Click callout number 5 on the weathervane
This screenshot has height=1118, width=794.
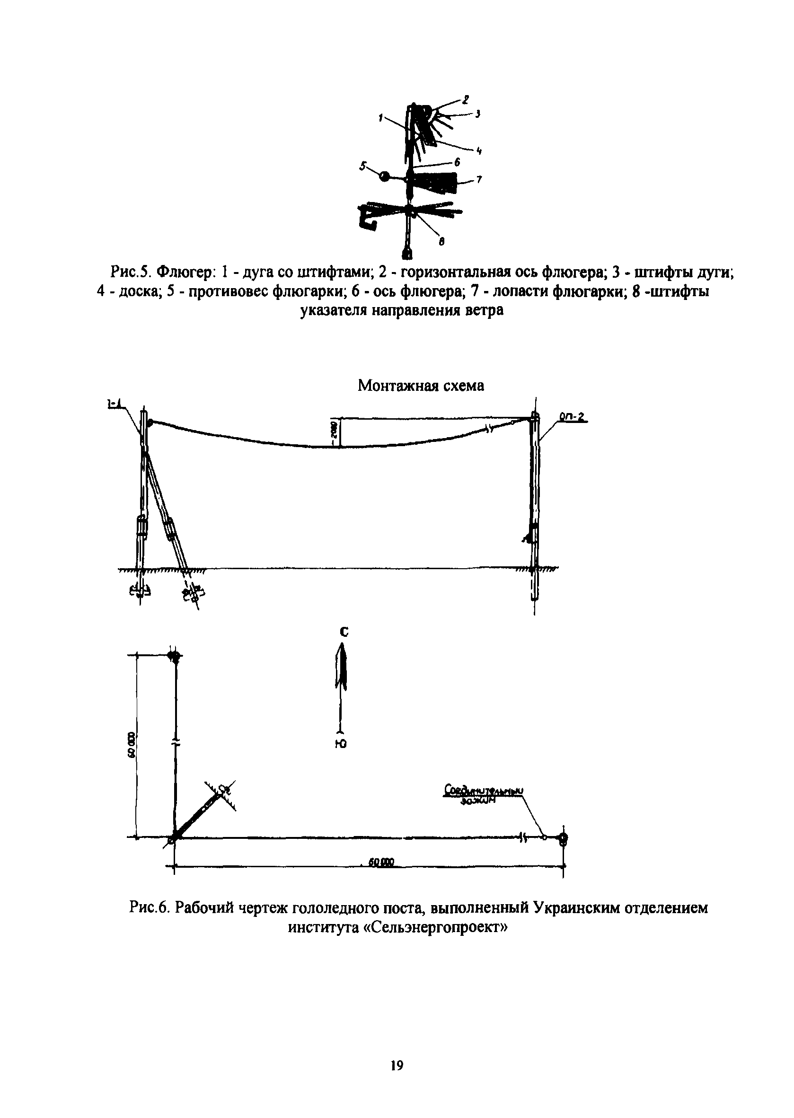[x=363, y=166]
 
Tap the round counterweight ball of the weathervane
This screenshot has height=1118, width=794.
[x=385, y=176]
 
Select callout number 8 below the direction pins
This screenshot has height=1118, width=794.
[x=441, y=240]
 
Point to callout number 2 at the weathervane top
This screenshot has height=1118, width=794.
[x=466, y=100]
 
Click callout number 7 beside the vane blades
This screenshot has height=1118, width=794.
[x=480, y=180]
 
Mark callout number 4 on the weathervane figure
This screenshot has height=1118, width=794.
[x=479, y=151]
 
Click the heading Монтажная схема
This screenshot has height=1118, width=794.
[x=421, y=386]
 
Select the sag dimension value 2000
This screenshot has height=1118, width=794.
[x=335, y=429]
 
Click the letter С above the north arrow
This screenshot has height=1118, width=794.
[x=344, y=632]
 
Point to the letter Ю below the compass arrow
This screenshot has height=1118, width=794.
[x=344, y=745]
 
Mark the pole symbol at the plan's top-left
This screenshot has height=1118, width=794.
[x=174, y=656]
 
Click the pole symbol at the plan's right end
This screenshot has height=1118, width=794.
[x=563, y=837]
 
